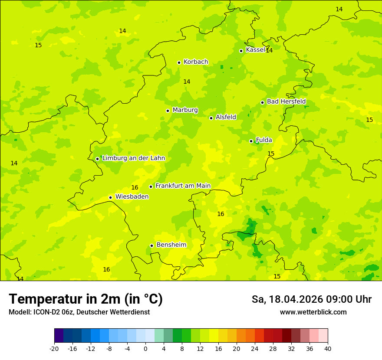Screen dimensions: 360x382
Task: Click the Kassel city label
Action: (x=255, y=50)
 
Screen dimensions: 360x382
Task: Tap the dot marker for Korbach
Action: (x=179, y=62)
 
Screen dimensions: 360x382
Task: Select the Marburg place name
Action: (x=185, y=110)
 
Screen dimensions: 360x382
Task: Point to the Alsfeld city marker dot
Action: (x=211, y=118)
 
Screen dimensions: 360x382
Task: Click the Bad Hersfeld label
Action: (x=286, y=101)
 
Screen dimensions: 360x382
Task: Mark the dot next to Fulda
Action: (x=251, y=141)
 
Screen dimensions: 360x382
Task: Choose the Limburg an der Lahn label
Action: (x=133, y=158)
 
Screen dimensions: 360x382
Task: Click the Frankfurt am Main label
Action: (x=183, y=186)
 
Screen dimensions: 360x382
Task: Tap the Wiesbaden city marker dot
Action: (x=110, y=197)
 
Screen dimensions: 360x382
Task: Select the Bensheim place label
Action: (x=171, y=245)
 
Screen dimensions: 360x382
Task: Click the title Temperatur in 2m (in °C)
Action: (x=86, y=299)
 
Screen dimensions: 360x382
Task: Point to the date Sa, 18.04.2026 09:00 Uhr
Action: (x=311, y=300)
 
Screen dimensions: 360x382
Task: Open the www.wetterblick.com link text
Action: (x=313, y=312)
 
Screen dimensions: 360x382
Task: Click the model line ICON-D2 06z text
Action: (x=79, y=312)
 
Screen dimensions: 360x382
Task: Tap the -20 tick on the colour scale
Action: (x=54, y=349)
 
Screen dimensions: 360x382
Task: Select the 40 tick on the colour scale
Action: (x=328, y=349)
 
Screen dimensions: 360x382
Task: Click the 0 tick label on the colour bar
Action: (x=145, y=349)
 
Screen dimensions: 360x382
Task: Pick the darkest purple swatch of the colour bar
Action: (x=59, y=336)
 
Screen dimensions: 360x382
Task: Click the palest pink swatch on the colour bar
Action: (x=323, y=336)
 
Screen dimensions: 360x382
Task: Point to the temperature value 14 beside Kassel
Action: (x=269, y=51)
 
